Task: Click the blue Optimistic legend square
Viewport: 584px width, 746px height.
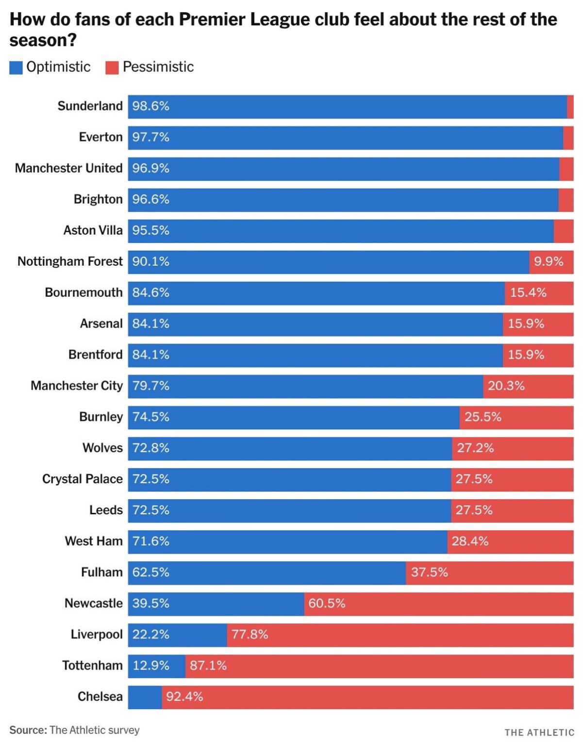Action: point(16,68)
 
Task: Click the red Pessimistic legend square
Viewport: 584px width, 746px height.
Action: point(112,68)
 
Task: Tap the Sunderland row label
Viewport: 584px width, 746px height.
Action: point(90,106)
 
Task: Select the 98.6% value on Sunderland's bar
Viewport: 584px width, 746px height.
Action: point(150,106)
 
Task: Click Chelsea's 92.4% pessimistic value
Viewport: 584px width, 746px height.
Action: point(184,696)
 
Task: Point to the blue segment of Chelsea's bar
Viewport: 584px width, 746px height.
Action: point(145,696)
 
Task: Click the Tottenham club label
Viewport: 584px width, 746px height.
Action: point(92,665)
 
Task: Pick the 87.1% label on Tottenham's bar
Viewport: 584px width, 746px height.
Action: point(208,665)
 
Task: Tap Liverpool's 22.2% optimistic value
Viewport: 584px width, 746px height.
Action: point(150,634)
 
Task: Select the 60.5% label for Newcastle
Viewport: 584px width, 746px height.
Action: point(327,603)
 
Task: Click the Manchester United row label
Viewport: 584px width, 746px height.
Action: point(68,168)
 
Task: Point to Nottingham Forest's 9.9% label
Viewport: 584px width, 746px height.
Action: point(549,261)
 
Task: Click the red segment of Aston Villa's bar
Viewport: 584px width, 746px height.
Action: point(563,231)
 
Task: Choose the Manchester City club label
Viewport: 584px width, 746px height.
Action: point(77,386)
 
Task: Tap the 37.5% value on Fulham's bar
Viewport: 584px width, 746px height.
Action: point(429,572)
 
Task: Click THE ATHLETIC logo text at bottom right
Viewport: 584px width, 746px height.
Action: point(539,732)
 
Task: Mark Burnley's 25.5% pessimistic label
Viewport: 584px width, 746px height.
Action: point(483,417)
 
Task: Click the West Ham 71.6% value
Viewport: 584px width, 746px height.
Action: point(150,541)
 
